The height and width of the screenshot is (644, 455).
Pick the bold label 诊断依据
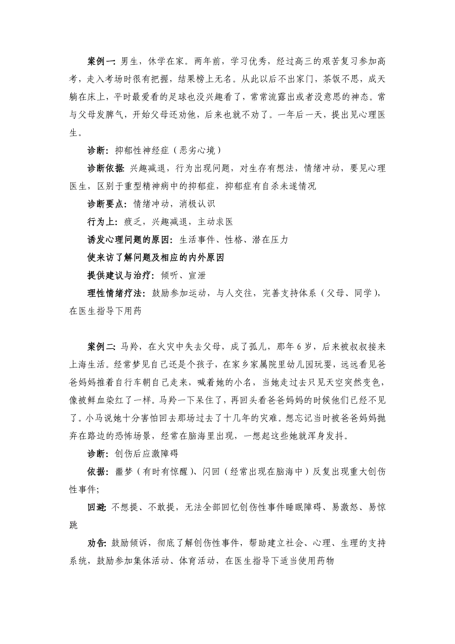click(x=105, y=168)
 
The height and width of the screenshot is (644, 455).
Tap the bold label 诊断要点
click(x=105, y=204)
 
